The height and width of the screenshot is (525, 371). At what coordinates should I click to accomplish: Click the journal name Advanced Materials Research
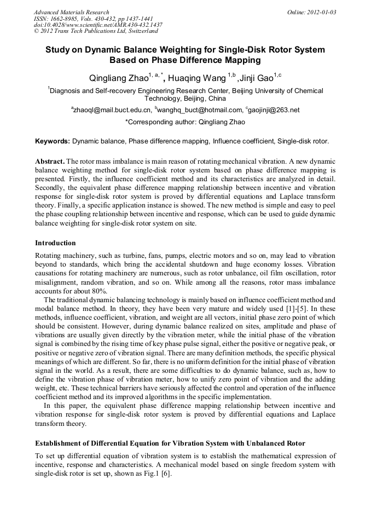pyautogui.click(x=71, y=12)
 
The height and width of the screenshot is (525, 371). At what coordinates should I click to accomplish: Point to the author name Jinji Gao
pyautogui.click(x=255, y=78)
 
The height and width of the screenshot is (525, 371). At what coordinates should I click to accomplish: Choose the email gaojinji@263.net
pyautogui.click(x=274, y=111)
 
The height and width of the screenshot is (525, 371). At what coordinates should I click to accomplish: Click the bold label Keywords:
pyautogui.click(x=53, y=141)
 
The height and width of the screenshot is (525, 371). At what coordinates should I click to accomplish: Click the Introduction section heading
pyautogui.click(x=55, y=243)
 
